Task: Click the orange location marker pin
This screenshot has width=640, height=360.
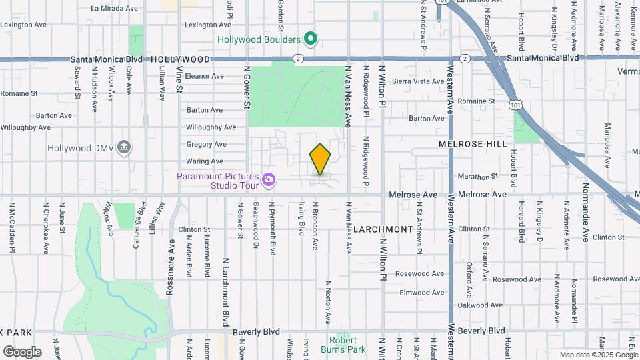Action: coord(320,159)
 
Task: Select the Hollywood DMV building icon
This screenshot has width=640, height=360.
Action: coord(123,147)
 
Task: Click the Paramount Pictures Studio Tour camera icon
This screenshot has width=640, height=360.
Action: coord(268,179)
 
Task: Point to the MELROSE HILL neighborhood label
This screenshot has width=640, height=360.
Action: coord(473,144)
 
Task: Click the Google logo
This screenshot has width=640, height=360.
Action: coord(21,352)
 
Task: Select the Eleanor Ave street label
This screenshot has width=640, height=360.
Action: coord(204,76)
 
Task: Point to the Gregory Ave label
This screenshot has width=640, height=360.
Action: coord(206,144)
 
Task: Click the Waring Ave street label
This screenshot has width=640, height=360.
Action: coord(204,161)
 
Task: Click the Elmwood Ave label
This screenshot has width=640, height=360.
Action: coord(421,293)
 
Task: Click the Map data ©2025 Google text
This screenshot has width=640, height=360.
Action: coord(598,355)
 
